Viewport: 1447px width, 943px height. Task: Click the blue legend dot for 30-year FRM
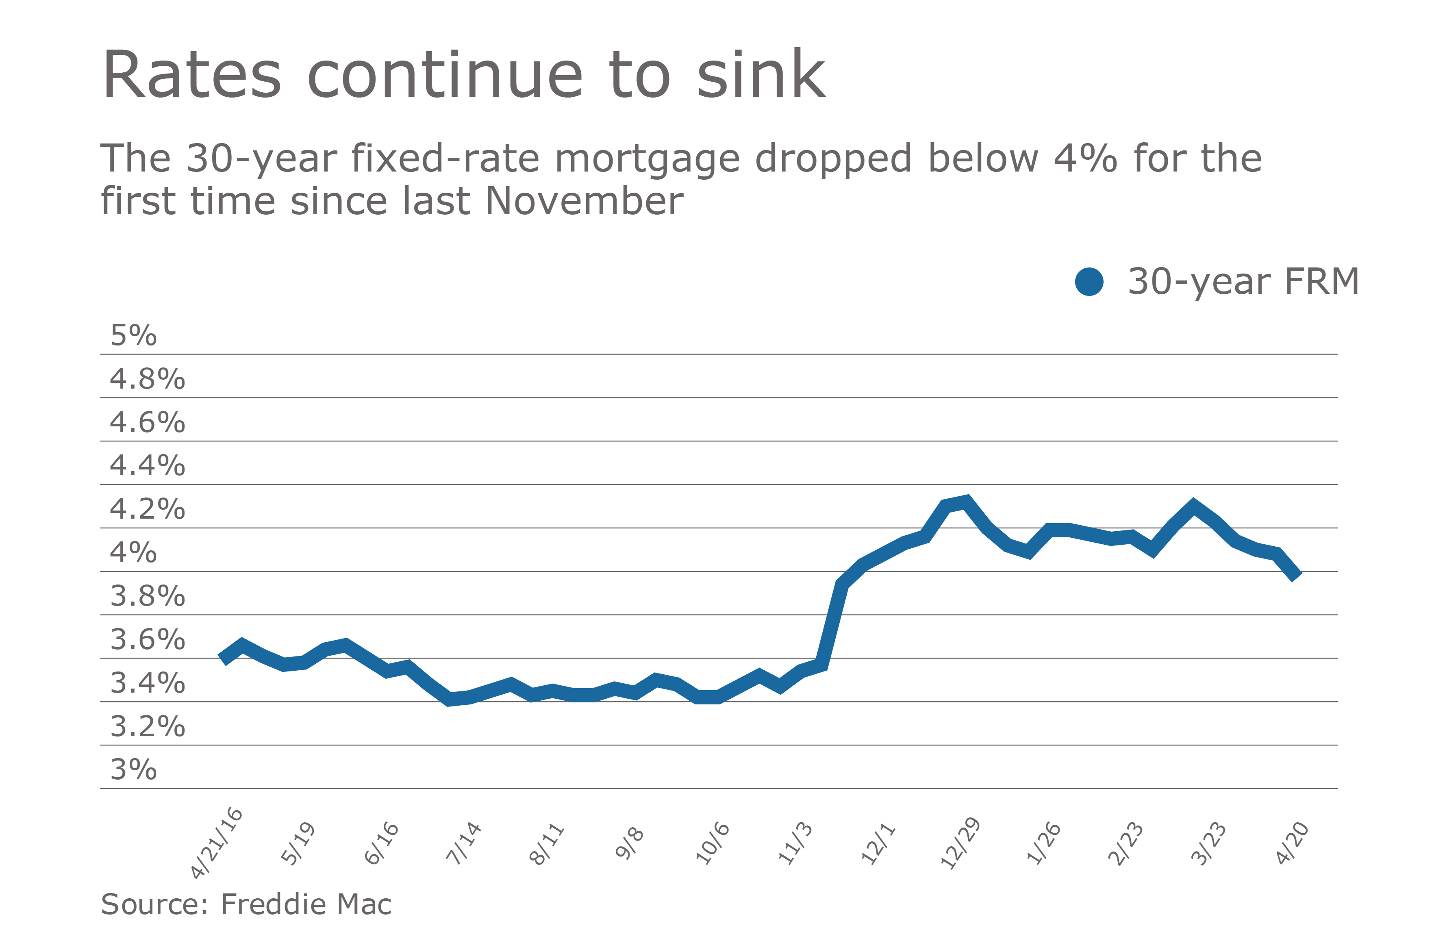click(x=1089, y=282)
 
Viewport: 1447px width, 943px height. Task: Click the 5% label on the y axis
click(x=133, y=336)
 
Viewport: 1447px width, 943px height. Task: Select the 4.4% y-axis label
click(x=147, y=466)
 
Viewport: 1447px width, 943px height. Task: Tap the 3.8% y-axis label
click(x=147, y=596)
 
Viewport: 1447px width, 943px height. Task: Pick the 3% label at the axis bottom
click(x=133, y=770)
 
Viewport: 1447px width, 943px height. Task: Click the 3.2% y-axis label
click(x=147, y=726)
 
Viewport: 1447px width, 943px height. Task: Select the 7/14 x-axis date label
click(x=463, y=843)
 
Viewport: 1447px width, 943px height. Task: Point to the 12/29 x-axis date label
click(x=959, y=843)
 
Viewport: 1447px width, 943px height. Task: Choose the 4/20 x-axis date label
click(x=1291, y=843)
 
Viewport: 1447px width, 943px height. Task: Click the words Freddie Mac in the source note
click(x=306, y=904)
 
